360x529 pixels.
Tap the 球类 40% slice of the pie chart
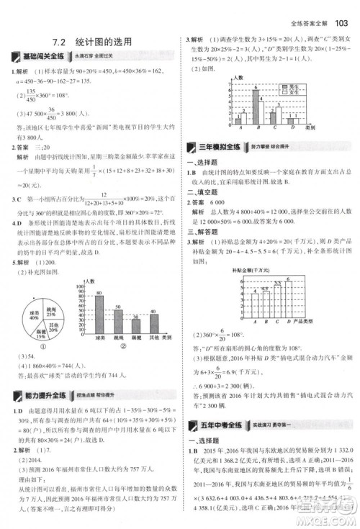(30, 315)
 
